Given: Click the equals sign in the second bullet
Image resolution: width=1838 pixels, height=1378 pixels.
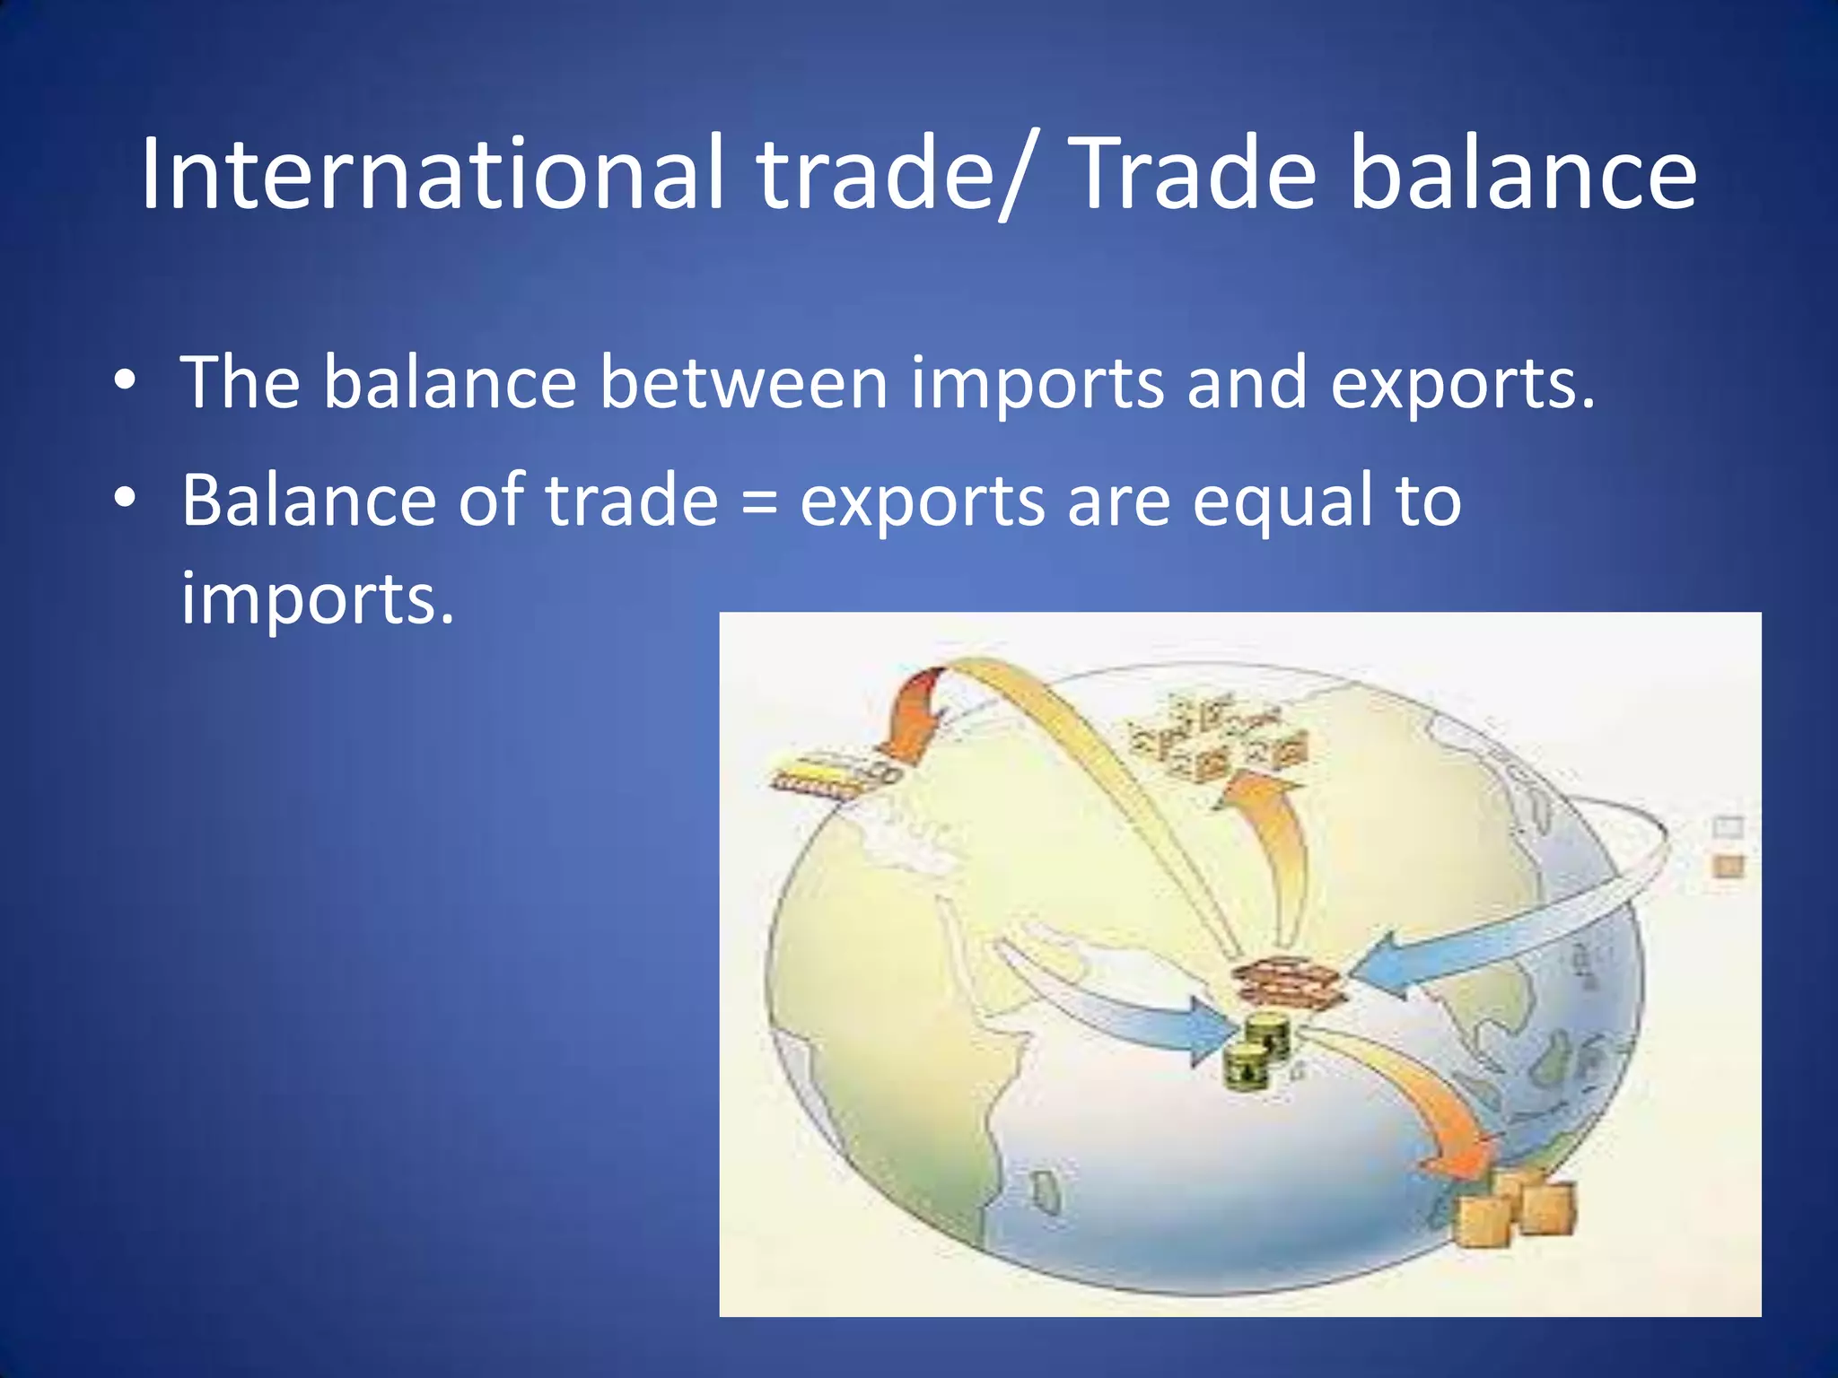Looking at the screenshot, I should [x=759, y=501].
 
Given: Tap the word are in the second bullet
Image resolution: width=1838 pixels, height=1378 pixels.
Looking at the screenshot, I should [x=1118, y=501].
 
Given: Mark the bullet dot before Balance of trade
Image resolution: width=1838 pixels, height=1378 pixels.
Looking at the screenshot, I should [x=125, y=497].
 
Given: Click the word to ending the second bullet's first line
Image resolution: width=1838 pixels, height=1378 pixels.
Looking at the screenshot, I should [x=1428, y=501].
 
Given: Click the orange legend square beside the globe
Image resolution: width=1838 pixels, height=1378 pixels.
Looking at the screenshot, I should [x=1729, y=866].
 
